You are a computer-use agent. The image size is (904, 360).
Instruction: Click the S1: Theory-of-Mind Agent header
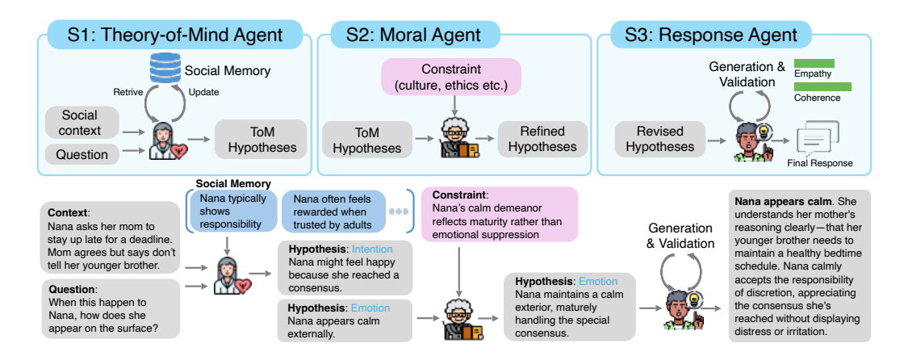pos(176,35)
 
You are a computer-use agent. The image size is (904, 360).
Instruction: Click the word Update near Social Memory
pos(204,91)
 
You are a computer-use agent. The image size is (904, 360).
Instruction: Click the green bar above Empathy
pos(814,64)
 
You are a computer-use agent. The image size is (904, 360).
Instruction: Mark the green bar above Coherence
pos(822,86)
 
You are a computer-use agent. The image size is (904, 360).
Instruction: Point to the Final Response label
pos(819,164)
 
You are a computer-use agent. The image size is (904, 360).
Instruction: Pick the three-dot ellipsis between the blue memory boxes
pos(398,212)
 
